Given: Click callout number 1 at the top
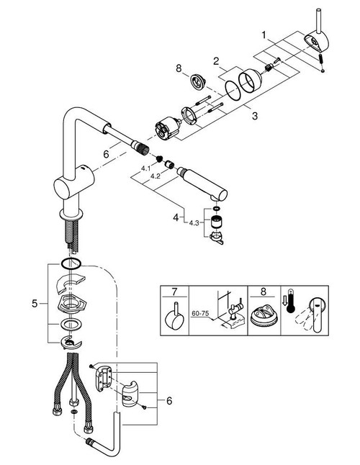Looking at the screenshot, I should [x=264, y=35].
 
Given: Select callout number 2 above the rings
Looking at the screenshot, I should [x=215, y=63].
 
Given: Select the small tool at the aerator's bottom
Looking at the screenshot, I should [x=217, y=237].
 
